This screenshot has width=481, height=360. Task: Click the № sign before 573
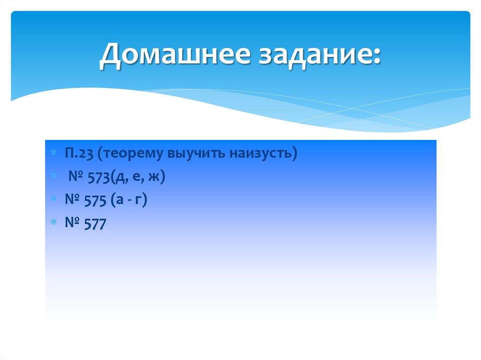pos(76,177)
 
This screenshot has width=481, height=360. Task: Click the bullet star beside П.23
pos(54,154)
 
